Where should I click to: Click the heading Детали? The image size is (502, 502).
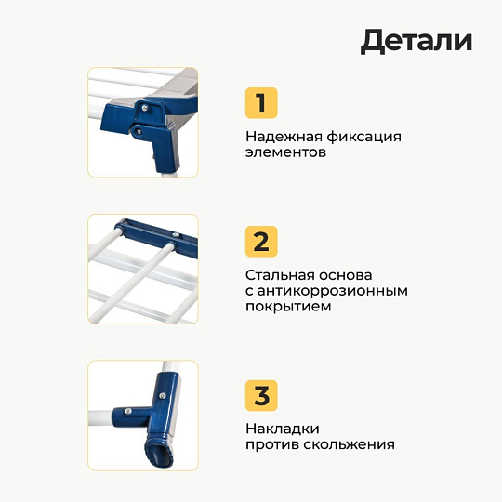tap(416, 42)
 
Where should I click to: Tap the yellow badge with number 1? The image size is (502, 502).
tap(261, 103)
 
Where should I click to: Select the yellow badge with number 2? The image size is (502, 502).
tap(261, 242)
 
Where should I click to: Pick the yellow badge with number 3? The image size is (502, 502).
tap(261, 395)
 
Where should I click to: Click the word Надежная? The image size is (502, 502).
tap(284, 137)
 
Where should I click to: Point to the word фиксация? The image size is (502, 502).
tap(364, 137)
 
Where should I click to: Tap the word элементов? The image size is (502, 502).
tap(285, 152)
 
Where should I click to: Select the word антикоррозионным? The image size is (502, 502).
tap(332, 291)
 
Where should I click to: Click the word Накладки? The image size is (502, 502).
tap(283, 429)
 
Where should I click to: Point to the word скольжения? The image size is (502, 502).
tap(349, 444)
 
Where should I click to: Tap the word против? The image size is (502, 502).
tap(272, 445)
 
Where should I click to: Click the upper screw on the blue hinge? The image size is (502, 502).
tap(145, 108)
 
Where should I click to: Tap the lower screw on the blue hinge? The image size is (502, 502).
tap(139, 131)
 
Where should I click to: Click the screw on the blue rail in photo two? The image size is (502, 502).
tap(176, 235)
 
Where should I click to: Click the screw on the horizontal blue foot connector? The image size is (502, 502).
tap(128, 411)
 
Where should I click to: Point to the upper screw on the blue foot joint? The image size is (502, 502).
tap(162, 396)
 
